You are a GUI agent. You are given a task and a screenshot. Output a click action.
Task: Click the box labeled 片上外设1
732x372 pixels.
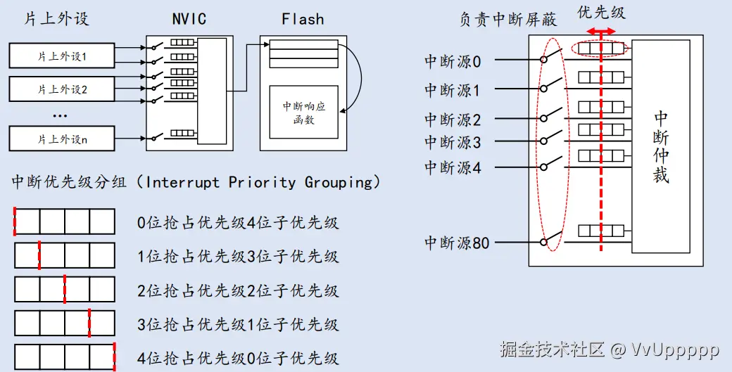[x=62, y=56]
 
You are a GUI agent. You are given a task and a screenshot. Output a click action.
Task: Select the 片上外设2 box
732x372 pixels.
[x=62, y=89]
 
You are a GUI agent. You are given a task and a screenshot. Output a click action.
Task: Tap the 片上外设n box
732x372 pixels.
[x=62, y=139]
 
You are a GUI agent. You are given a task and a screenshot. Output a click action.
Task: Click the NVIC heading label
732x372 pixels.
[x=189, y=19]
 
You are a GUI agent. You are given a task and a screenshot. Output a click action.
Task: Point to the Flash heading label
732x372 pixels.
[x=303, y=19]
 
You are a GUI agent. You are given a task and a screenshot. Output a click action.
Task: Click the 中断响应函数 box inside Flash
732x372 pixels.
[x=304, y=112]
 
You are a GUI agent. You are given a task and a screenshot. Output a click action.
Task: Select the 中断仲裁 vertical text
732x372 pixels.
[x=661, y=146]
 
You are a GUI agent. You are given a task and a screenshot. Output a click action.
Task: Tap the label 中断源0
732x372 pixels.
[x=453, y=62]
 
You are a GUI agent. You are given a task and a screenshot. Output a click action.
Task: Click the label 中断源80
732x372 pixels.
[x=457, y=243]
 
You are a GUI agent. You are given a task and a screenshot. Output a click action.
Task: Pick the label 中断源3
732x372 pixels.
[x=453, y=142]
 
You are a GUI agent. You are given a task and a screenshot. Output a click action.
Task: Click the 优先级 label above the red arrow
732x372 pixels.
[x=601, y=12]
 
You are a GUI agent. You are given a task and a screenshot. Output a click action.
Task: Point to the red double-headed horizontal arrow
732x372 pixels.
[x=601, y=31]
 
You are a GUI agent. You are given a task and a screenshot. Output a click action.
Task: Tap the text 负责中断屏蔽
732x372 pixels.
[x=507, y=20]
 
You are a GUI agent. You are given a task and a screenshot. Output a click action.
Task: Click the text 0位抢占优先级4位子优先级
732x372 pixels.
[x=238, y=223]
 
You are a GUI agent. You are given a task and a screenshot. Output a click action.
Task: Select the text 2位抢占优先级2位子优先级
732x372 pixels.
[x=238, y=291]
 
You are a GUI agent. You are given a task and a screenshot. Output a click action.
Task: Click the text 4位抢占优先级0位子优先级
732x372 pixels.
[x=238, y=359]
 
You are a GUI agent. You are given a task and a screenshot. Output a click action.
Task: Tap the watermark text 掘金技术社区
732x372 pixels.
[x=553, y=349]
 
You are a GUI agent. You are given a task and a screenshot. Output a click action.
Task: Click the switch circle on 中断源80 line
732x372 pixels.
[x=543, y=242]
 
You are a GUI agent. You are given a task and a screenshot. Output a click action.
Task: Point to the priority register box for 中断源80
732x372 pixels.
[x=601, y=230]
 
